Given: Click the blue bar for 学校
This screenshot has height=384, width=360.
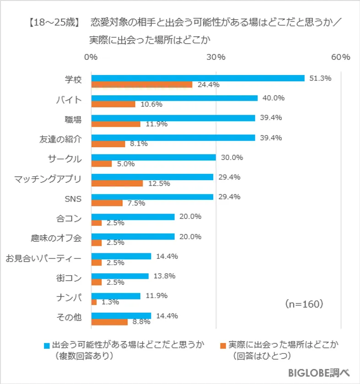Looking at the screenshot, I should point(198,78).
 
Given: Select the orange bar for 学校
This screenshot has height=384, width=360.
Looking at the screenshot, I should point(142,85).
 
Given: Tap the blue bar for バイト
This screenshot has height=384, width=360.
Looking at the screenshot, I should point(174,98).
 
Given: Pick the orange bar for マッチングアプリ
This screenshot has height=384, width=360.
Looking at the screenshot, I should point(117,183).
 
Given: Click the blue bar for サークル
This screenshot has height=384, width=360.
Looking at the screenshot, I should point(154,157).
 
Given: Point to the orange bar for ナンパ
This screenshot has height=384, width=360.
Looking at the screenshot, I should point(94,302).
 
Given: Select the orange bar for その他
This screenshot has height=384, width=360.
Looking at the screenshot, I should point(109,322).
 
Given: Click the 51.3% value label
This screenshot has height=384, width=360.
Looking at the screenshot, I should point(320,78).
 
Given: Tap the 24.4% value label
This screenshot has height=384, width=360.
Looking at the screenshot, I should point(209,85).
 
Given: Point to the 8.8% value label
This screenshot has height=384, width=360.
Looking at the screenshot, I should point(141,322).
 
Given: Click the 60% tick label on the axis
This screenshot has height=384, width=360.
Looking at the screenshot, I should point(340,57).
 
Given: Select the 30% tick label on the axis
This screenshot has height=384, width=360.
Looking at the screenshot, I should point(215,57).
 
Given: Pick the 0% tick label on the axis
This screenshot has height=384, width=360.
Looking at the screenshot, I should point(91,57).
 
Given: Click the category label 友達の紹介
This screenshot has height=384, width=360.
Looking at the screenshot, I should point(60,139).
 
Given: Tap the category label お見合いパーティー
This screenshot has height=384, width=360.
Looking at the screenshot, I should point(43,259).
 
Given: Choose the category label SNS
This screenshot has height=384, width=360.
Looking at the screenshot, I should point(73,199).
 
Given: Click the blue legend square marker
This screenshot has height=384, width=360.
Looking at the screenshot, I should point(46,344).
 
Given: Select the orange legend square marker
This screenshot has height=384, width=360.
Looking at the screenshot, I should point(223,344).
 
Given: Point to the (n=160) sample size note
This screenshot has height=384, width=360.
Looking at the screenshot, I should point(304,303).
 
